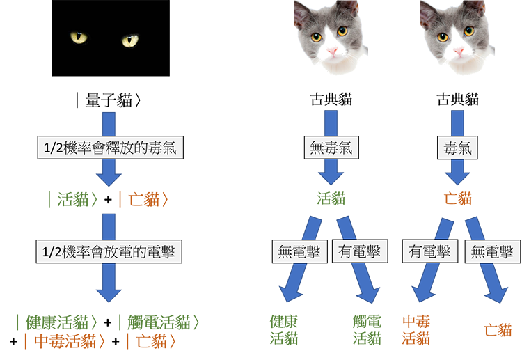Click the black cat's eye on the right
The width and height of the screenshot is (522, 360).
(130, 40)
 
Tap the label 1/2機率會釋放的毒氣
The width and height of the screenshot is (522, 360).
(110, 148)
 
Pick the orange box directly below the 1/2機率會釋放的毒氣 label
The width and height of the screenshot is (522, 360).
(148, 200)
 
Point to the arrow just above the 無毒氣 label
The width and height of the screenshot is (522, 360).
(331, 119)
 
